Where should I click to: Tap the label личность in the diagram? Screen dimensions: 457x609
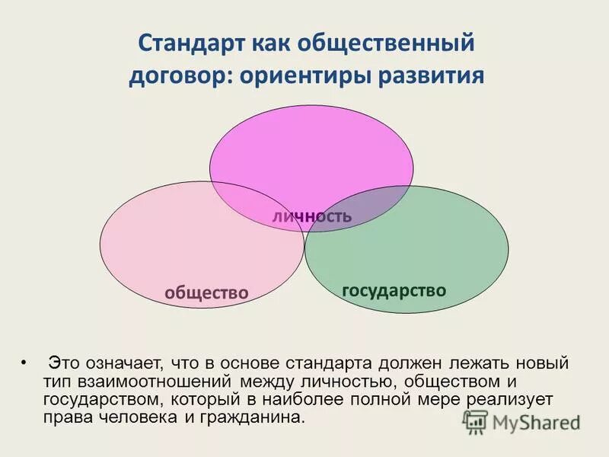[x=312, y=216]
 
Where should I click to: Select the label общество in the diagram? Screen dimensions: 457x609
[x=207, y=292]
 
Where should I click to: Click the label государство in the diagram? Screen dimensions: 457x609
[x=394, y=290]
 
